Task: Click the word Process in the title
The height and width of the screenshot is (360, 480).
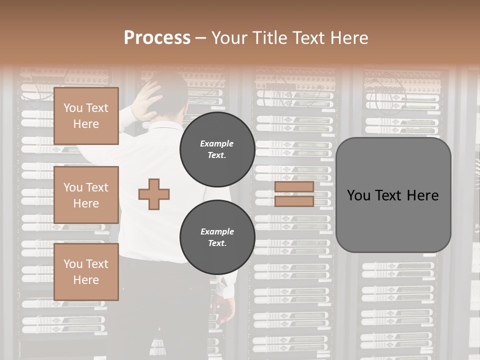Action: [x=157, y=38]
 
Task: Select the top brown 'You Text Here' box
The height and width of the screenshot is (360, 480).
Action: [x=86, y=116]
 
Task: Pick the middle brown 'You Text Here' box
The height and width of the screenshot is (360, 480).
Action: [x=86, y=195]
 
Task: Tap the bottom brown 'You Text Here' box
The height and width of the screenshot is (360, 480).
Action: [x=86, y=272]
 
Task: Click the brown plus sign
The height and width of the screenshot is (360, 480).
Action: [x=154, y=194]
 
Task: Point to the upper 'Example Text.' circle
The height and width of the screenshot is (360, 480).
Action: [x=217, y=149]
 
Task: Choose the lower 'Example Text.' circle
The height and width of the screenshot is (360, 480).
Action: [x=217, y=237]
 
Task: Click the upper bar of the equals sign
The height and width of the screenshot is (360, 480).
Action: [x=294, y=187]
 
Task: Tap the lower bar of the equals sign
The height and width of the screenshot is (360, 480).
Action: [x=294, y=201]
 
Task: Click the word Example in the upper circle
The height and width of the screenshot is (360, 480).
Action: [x=217, y=143]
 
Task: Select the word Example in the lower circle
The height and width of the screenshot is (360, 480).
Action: [x=217, y=231]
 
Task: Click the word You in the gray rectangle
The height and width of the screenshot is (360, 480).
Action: [x=358, y=195]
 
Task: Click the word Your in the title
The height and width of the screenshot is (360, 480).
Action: [x=229, y=38]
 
